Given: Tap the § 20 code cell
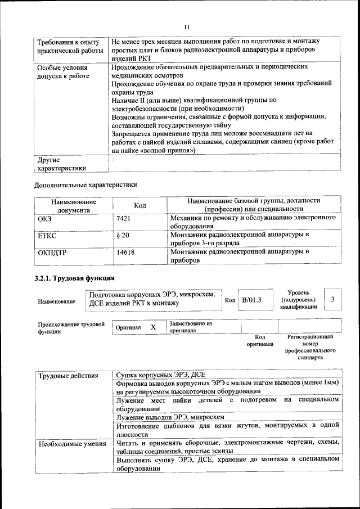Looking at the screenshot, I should [123, 235].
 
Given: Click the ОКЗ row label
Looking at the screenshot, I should [44, 218].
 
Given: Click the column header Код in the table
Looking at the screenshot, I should [140, 205].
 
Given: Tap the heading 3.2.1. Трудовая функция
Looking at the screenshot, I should [75, 278].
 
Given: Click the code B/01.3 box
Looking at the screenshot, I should [251, 300].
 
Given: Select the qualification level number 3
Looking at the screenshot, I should [333, 300].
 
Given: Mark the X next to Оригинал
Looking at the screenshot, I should [153, 327].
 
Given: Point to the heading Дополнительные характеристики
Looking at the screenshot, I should [85, 184].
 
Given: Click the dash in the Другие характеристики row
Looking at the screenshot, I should [113, 160].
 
